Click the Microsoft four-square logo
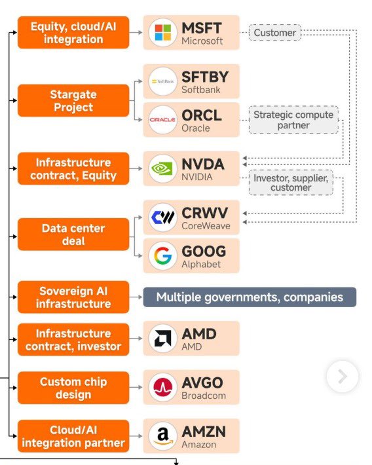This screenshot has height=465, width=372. tap(163, 32)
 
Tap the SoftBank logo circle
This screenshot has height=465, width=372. tap(162, 81)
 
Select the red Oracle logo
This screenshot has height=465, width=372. tap(162, 120)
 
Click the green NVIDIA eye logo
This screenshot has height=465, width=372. tap(162, 168)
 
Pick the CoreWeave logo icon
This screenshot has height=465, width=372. tap(162, 217)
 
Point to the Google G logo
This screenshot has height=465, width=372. tap(162, 255)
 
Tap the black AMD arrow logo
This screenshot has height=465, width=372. tap(162, 339)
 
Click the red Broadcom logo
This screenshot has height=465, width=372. tap(162, 387)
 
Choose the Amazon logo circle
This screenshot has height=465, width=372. tap(162, 436)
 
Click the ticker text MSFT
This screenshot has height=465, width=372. tap(202, 28)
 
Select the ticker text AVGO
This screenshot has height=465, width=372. tap(202, 382)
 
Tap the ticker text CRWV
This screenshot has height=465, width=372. tap(205, 213)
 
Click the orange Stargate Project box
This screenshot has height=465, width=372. tap(73, 101)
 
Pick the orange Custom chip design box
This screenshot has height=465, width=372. tap(73, 388)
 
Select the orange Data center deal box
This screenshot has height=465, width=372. tap(73, 234)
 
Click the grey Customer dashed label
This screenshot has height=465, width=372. tap(275, 33)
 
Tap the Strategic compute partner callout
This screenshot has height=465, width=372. tap(293, 120)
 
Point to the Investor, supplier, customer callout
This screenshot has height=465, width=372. tap(291, 183)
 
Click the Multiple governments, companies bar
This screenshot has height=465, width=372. tap(250, 297)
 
